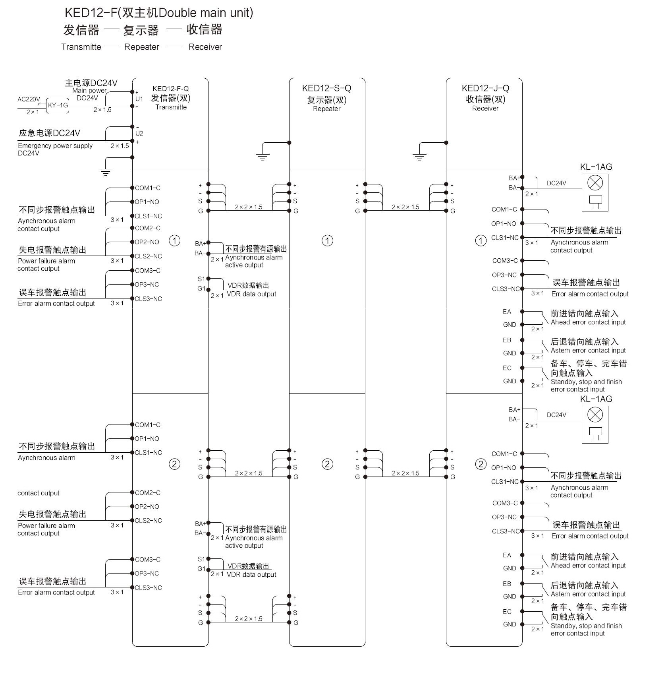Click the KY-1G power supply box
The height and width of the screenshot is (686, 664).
click(x=58, y=105)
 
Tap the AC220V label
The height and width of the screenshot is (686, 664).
click(x=29, y=99)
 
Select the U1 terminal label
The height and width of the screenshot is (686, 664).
click(x=139, y=99)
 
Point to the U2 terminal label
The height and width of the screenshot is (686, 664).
click(x=139, y=134)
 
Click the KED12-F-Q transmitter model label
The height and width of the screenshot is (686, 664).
click(x=171, y=89)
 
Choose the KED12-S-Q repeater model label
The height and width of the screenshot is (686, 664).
click(x=326, y=88)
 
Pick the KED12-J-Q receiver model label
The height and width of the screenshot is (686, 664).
click(x=485, y=88)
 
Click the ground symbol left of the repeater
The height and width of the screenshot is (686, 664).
click(x=263, y=157)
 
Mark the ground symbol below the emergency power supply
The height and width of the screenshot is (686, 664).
click(x=105, y=172)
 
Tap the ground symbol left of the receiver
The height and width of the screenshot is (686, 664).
click(x=419, y=157)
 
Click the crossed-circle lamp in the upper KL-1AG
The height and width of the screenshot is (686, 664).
click(x=595, y=183)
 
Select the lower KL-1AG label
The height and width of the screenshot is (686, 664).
click(x=596, y=399)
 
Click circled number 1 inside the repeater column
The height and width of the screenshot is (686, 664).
click(x=327, y=240)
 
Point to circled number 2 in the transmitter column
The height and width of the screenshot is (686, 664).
click(x=174, y=464)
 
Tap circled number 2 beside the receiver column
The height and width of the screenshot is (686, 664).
click(x=481, y=464)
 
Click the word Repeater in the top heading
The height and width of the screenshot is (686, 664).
click(x=141, y=47)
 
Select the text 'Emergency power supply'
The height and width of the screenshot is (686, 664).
click(x=55, y=146)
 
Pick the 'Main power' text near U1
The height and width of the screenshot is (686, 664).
click(x=89, y=91)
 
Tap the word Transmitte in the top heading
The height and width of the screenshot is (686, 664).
click(x=81, y=47)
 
